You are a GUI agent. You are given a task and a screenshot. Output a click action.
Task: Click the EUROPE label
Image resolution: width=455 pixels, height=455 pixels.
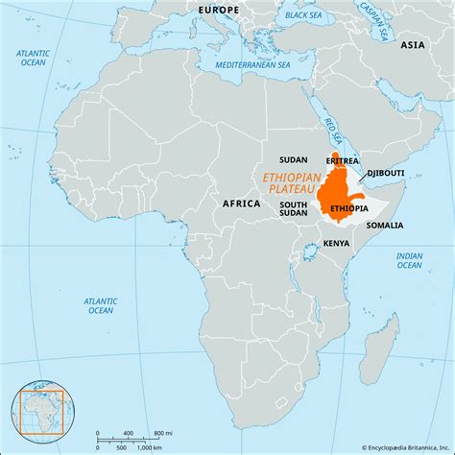point(219,9)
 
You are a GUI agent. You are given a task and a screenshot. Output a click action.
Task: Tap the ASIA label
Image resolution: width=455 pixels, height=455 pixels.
point(413,45)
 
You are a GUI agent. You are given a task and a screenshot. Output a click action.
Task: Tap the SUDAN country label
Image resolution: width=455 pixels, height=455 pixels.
point(293,159)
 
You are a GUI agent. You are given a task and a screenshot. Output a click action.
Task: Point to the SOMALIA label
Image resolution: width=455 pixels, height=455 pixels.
point(384,225)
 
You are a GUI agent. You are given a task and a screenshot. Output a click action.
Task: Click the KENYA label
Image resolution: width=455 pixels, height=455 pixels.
point(336,244)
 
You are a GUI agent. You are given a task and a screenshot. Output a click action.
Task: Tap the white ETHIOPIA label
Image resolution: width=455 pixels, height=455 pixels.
point(347,208)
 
